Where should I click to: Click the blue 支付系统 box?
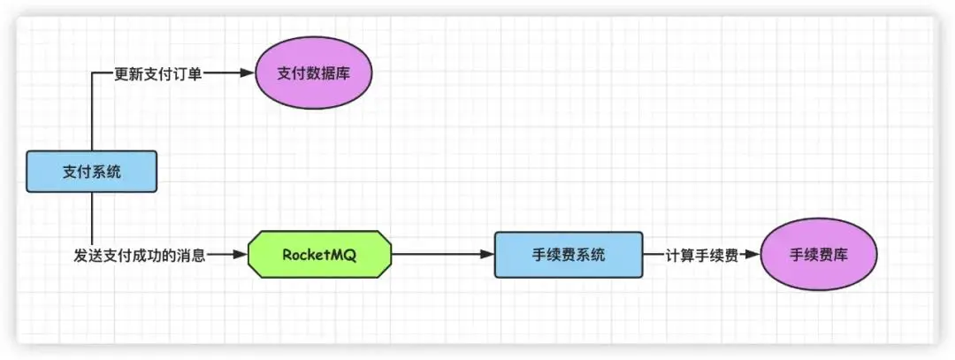pyautogui.click(x=92, y=172)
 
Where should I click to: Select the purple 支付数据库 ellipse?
pyautogui.click(x=314, y=73)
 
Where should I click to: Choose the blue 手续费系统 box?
pyautogui.click(x=568, y=255)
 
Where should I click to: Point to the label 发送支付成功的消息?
pyautogui.click(x=140, y=256)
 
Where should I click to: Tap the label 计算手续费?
pyautogui.click(x=702, y=255)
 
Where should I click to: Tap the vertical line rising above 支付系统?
pyautogui.click(x=92, y=115)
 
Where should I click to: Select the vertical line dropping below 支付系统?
pyautogui.click(x=92, y=217)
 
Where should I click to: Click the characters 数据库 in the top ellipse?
pyautogui.click(x=328, y=73)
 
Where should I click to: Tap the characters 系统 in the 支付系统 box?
pyautogui.click(x=107, y=172)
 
